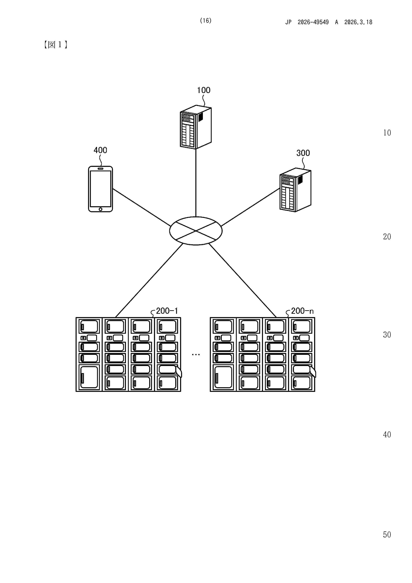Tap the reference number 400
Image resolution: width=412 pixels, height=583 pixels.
coord(100,150)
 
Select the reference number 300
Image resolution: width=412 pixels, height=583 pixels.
coord(303,153)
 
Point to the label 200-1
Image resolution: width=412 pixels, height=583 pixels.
coord(167,311)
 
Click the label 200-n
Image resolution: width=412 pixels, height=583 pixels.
coord(302,311)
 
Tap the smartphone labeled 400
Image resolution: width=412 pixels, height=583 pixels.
coord(101,189)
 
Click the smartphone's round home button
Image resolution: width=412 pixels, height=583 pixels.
coord(101,209)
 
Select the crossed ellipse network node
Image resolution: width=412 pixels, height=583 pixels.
coord(196,231)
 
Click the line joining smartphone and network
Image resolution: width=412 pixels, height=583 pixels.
coord(141,207)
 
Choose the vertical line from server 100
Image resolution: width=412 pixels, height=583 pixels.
coord(196,183)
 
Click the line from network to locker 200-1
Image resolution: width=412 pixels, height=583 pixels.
coord(149,280)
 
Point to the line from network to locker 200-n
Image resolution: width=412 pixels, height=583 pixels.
coord(242,280)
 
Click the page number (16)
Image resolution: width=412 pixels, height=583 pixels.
coord(206,21)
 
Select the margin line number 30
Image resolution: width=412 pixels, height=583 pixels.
coord(387,335)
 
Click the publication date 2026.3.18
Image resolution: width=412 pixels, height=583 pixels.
coord(358,22)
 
